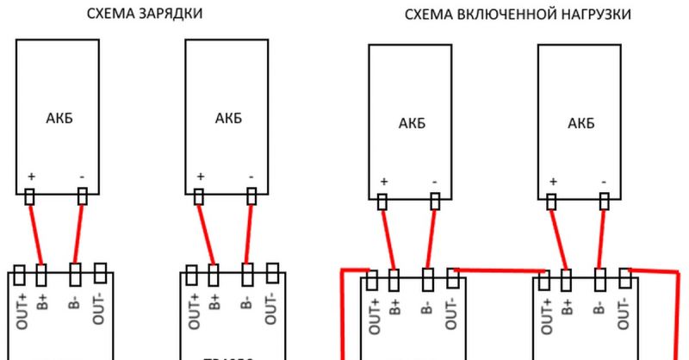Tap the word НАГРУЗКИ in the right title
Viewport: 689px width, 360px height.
593,14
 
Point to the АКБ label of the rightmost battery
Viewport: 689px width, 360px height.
581,123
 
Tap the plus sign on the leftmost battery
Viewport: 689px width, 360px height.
32,176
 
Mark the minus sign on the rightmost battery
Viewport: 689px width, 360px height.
605,182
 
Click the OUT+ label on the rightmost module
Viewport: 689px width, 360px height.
546,315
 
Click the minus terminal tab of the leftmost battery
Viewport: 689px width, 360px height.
83,197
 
